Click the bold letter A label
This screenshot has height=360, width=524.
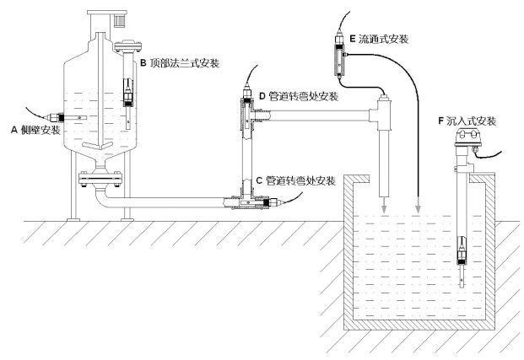(14, 130)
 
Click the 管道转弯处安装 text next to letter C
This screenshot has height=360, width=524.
(300, 181)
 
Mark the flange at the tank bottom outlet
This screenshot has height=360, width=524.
(100, 178)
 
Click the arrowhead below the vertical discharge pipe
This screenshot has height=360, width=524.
(384, 208)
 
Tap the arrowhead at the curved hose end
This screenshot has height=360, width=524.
(419, 208)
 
